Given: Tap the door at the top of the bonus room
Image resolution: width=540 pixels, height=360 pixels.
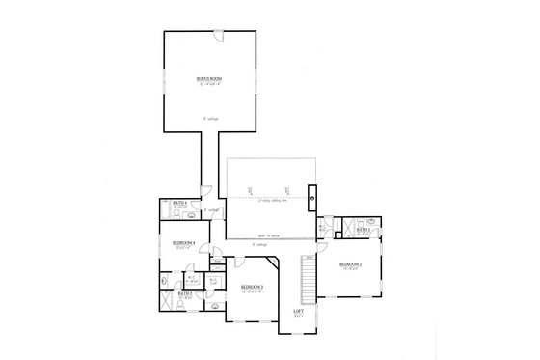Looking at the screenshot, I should (219, 38).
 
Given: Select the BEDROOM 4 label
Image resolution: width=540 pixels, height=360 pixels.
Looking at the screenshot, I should (184, 242).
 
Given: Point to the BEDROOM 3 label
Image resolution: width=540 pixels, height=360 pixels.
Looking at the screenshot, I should (253, 287).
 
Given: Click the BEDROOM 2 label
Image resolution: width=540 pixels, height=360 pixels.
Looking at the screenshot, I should (350, 263).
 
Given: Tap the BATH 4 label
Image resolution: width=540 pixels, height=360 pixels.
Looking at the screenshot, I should (167, 202).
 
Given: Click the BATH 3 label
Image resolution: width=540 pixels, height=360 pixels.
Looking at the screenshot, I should (184, 293).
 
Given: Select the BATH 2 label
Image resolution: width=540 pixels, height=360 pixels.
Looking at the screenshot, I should (364, 220).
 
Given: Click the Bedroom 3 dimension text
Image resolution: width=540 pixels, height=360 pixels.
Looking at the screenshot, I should (253, 291).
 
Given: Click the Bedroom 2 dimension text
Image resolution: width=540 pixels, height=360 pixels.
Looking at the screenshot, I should (350, 269).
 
